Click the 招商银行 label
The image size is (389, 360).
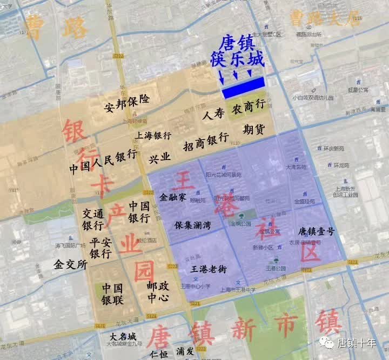click(205, 139)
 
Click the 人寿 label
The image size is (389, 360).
click(213, 115)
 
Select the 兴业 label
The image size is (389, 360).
click(159, 157)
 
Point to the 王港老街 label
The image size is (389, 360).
click(208, 268)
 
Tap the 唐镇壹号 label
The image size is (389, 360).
click(316, 231)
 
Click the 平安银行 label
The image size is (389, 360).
click(100, 248)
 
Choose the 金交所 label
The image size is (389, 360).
click(70, 265)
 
